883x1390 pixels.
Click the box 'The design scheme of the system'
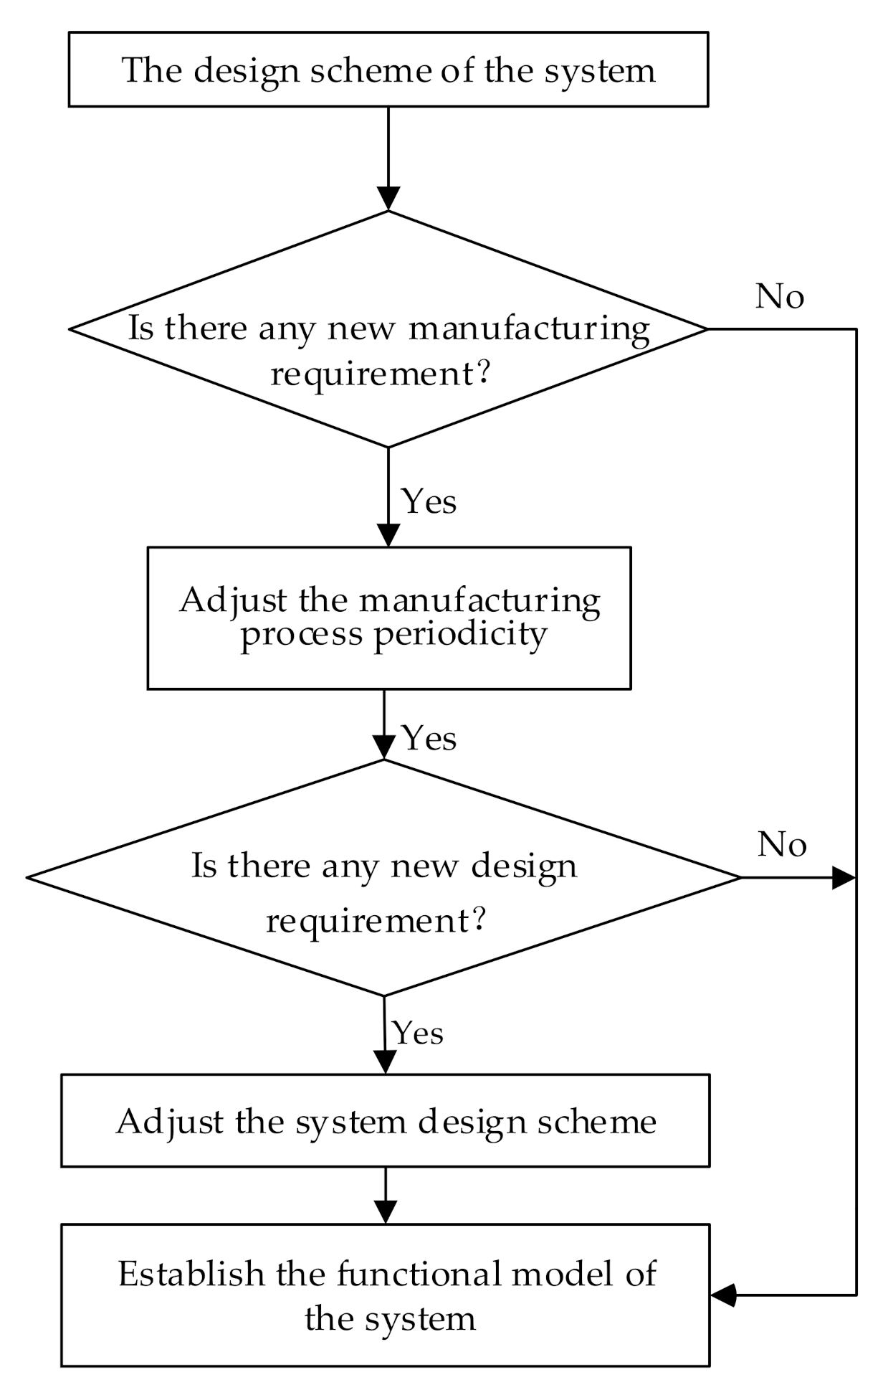point(388,70)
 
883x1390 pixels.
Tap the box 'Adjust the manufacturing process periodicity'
point(388,618)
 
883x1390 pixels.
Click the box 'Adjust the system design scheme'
point(386,1121)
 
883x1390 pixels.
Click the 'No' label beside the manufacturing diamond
point(780,296)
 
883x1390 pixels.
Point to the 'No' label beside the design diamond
point(782,844)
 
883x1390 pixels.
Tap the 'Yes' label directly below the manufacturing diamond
point(429,501)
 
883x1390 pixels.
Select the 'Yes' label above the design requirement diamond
point(429,738)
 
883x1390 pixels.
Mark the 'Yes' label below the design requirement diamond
point(419,1034)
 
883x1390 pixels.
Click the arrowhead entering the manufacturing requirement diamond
point(388,198)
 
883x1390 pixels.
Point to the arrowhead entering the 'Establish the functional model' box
point(724,1295)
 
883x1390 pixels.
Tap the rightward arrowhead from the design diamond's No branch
point(843,876)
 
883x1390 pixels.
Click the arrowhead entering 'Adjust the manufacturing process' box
point(388,535)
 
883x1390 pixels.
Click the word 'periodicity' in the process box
point(460,634)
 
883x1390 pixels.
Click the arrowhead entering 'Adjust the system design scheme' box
point(386,1062)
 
